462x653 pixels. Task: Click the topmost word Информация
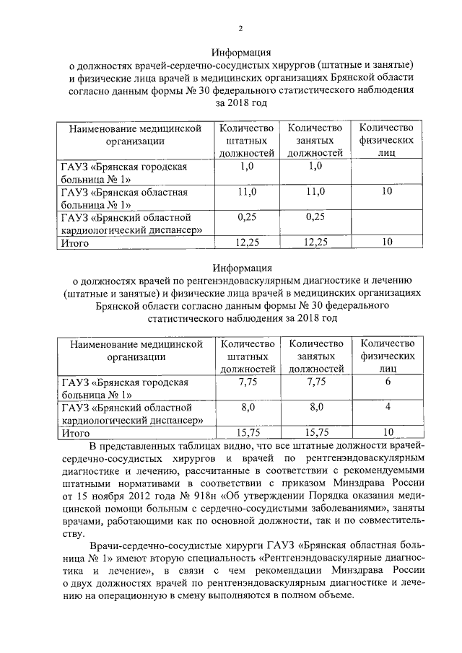click(241, 53)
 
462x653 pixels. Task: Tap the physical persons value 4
click(387, 407)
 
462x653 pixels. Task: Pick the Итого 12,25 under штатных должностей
click(248, 242)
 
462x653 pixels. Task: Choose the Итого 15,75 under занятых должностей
click(315, 433)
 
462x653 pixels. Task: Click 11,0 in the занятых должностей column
click(315, 191)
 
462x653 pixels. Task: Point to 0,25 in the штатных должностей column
click(248, 216)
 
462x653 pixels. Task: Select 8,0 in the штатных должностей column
click(248, 407)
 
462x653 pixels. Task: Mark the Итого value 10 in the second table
click(387, 433)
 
